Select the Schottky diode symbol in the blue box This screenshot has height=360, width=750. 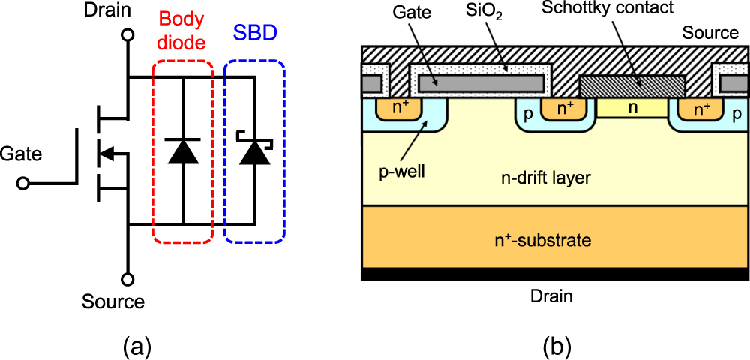click(254, 149)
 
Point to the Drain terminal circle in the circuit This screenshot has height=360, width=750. click(128, 34)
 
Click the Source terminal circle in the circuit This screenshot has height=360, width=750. click(128, 279)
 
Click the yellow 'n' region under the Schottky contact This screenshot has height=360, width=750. click(632, 108)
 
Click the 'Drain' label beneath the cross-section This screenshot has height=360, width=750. click(551, 296)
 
